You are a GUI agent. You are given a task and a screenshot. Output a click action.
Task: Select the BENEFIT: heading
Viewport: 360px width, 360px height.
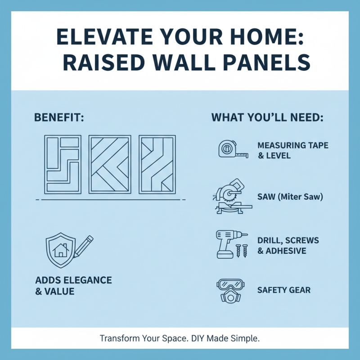point(59,118)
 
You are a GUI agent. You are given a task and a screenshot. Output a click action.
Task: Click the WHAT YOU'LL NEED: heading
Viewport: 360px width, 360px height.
point(267,118)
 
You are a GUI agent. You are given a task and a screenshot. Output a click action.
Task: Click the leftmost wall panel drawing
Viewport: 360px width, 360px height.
point(63,164)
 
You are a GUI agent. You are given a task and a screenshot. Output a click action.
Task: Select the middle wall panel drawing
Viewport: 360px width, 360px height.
point(109,164)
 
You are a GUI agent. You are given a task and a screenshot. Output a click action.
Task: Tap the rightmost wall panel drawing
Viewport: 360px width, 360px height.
point(157,164)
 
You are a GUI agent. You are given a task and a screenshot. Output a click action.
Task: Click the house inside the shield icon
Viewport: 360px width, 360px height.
point(60,250)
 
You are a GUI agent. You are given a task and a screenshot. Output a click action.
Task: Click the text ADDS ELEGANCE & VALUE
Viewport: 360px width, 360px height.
point(73,286)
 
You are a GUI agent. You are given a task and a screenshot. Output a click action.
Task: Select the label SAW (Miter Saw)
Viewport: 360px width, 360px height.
point(290,197)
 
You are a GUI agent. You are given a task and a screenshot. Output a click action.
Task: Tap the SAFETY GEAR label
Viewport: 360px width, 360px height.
point(284,290)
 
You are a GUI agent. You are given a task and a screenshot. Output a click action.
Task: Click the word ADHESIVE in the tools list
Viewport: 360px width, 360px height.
point(286,251)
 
